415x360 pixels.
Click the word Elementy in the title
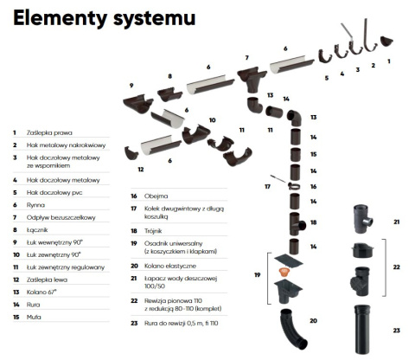pos(60,18)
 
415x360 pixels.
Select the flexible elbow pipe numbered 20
pos(293,329)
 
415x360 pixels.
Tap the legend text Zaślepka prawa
pos(49,132)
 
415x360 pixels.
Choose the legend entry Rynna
pos(35,205)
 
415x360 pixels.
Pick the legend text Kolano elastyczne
pos(170,266)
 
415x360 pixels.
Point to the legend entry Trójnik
pos(153,231)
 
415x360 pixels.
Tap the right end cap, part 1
pos(386,41)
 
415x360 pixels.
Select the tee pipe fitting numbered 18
pos(297,224)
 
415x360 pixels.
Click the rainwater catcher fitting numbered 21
pos(363,219)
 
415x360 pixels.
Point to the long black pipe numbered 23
pos(362,329)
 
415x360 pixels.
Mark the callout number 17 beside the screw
pos(267,187)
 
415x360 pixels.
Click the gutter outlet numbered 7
pos(252,79)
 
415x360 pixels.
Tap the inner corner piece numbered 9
pos(137,103)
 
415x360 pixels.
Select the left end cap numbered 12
pos(131,153)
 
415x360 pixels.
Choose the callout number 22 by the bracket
pos(397,267)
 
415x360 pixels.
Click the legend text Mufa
pos(34,317)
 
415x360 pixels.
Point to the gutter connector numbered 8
pos(169,94)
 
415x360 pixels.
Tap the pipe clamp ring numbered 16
pos(294,186)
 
